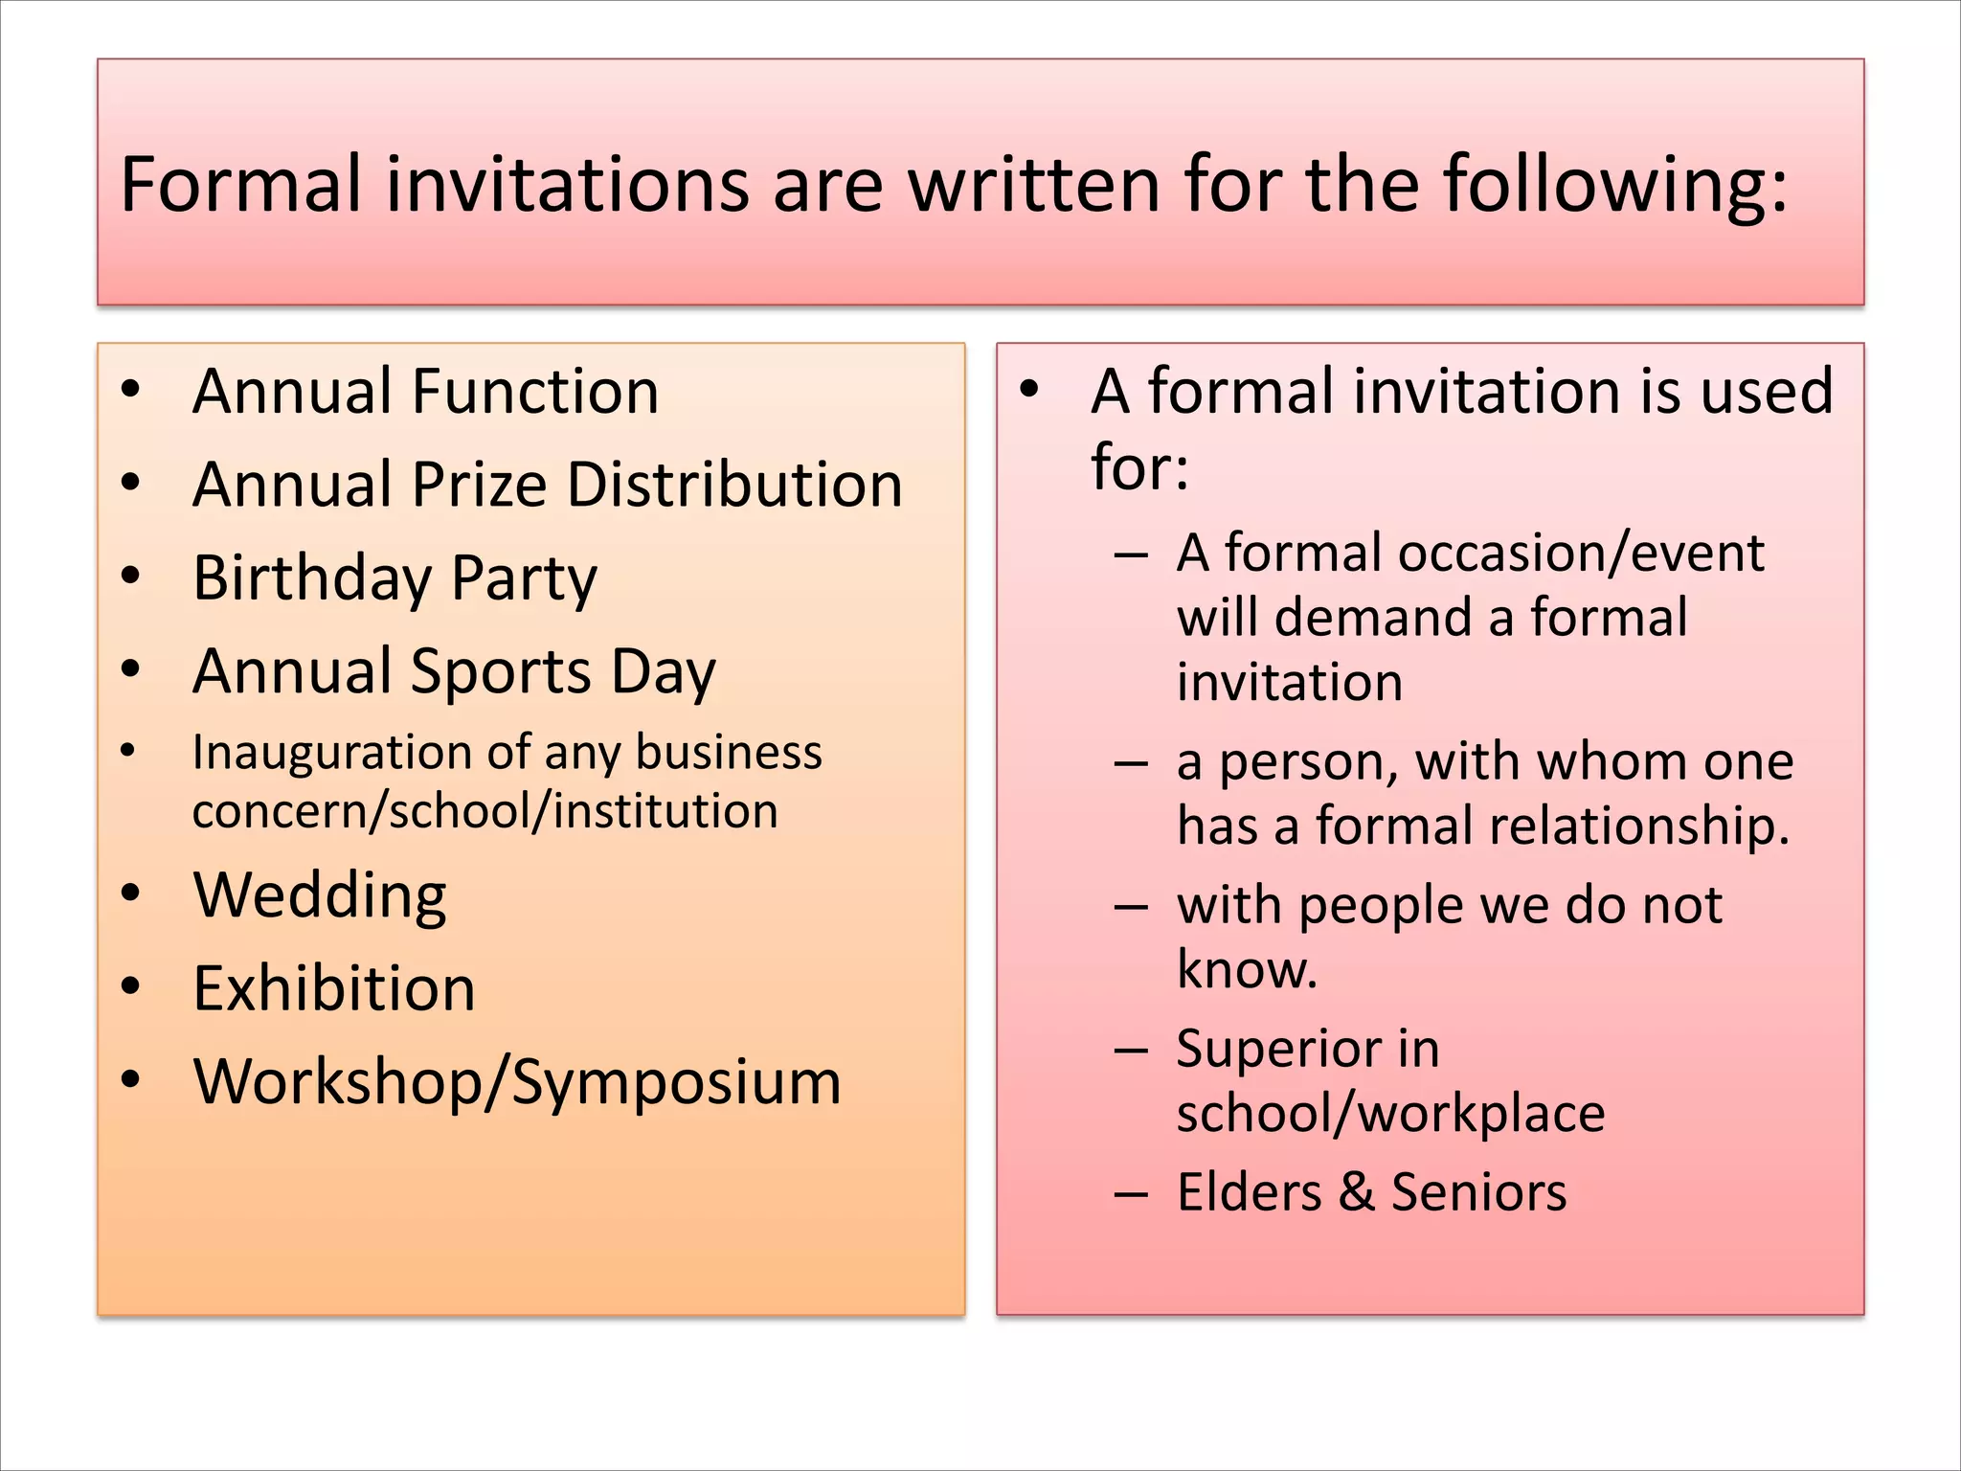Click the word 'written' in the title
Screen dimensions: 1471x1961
coord(1033,184)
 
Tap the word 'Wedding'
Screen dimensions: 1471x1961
coord(320,896)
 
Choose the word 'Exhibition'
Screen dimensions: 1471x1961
coord(334,988)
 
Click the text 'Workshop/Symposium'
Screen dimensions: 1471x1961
coord(517,1082)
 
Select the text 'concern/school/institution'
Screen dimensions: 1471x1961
coord(485,811)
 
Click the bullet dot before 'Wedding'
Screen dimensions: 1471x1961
coord(131,894)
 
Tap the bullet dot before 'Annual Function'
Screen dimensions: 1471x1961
coord(131,390)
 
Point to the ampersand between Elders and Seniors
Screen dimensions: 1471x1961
coord(1356,1192)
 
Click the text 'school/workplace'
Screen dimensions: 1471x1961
coord(1390,1114)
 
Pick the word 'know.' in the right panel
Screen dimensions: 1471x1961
coord(1247,969)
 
